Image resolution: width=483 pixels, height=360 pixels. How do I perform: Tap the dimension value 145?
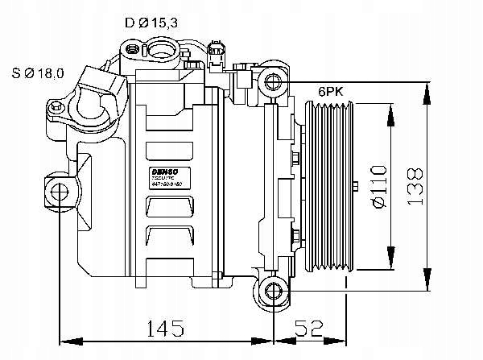[165, 329]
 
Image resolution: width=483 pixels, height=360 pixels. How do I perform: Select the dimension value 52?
[309, 329]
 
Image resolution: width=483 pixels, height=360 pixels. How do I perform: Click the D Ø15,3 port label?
[151, 23]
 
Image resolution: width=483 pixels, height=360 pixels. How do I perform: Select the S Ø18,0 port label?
[38, 74]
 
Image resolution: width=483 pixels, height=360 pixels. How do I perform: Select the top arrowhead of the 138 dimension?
[424, 86]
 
